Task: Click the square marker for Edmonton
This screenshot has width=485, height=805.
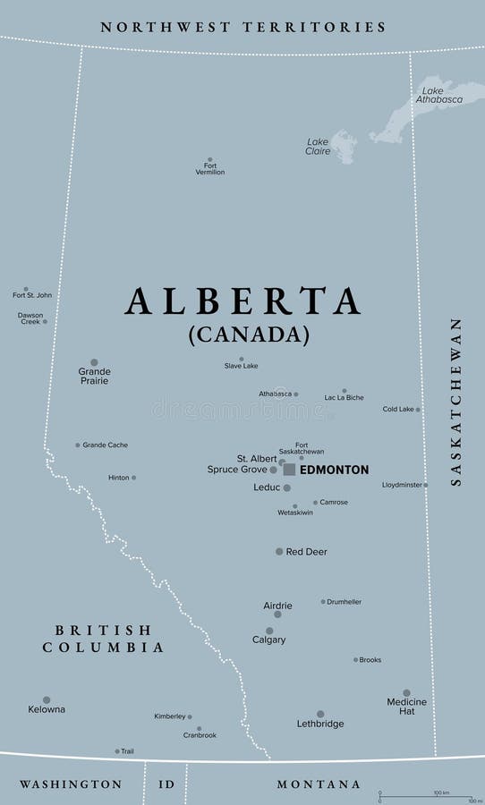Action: point(289,470)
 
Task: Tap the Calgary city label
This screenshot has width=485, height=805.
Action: point(268,640)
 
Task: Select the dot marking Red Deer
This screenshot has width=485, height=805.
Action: point(279,551)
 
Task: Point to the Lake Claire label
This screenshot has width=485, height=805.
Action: point(319,147)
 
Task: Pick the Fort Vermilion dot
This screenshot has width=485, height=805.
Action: point(210,159)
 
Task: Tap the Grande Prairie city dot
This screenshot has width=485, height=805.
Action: point(94,362)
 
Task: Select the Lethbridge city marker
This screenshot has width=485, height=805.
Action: point(320,714)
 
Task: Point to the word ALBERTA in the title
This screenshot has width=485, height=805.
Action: point(242,301)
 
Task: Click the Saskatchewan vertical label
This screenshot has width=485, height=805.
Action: point(456,402)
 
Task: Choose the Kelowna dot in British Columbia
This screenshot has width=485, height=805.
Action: point(47,699)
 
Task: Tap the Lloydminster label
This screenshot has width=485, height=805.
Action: point(402,485)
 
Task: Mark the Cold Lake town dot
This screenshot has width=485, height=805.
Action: point(418,410)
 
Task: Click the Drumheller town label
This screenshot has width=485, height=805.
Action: point(345,602)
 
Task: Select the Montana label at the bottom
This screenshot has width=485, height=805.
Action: point(319,784)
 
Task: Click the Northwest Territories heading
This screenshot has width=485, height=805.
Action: point(242,27)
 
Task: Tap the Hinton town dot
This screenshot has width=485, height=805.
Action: point(134,478)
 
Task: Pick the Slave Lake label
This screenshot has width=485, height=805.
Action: point(241,366)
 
